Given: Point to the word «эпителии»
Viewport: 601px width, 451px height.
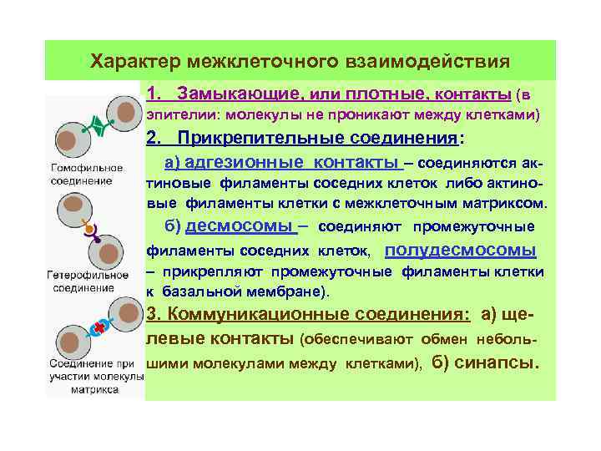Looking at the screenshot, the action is coord(175,114).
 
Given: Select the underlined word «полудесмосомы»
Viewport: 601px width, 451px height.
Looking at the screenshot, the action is coord(461,250).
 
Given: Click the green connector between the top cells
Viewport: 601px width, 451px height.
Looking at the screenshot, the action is coord(99,126).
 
